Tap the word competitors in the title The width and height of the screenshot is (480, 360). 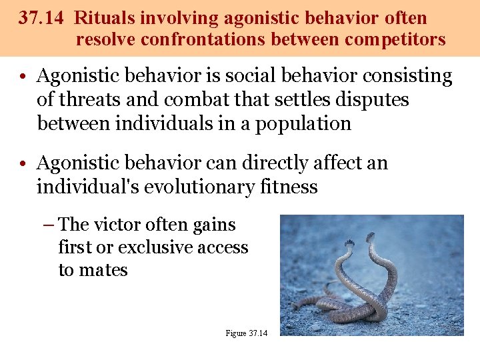tap(395, 39)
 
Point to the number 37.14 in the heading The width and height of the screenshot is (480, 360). tap(41, 18)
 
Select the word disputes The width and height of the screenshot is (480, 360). tap(373, 100)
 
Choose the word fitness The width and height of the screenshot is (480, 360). tap(286, 187)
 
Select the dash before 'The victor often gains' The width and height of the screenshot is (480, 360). tap(47, 225)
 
